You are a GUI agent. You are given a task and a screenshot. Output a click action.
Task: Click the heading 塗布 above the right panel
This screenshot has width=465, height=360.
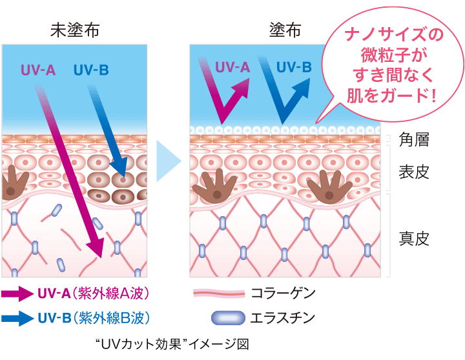point(284,30)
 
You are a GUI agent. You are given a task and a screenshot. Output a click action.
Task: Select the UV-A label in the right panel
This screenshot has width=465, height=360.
point(232,66)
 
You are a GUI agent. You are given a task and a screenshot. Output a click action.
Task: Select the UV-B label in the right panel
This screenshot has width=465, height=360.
point(294,66)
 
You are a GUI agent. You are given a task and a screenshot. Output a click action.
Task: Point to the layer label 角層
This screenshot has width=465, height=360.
point(413,139)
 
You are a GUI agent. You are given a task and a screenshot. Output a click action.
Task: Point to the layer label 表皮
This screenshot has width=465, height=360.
point(413,172)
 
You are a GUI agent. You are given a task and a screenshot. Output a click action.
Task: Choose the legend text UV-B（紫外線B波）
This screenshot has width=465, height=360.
point(94,318)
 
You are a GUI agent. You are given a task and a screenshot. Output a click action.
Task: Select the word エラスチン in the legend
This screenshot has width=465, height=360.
point(284,318)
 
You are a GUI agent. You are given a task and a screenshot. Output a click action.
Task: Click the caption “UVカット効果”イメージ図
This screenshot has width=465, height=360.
point(171,343)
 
